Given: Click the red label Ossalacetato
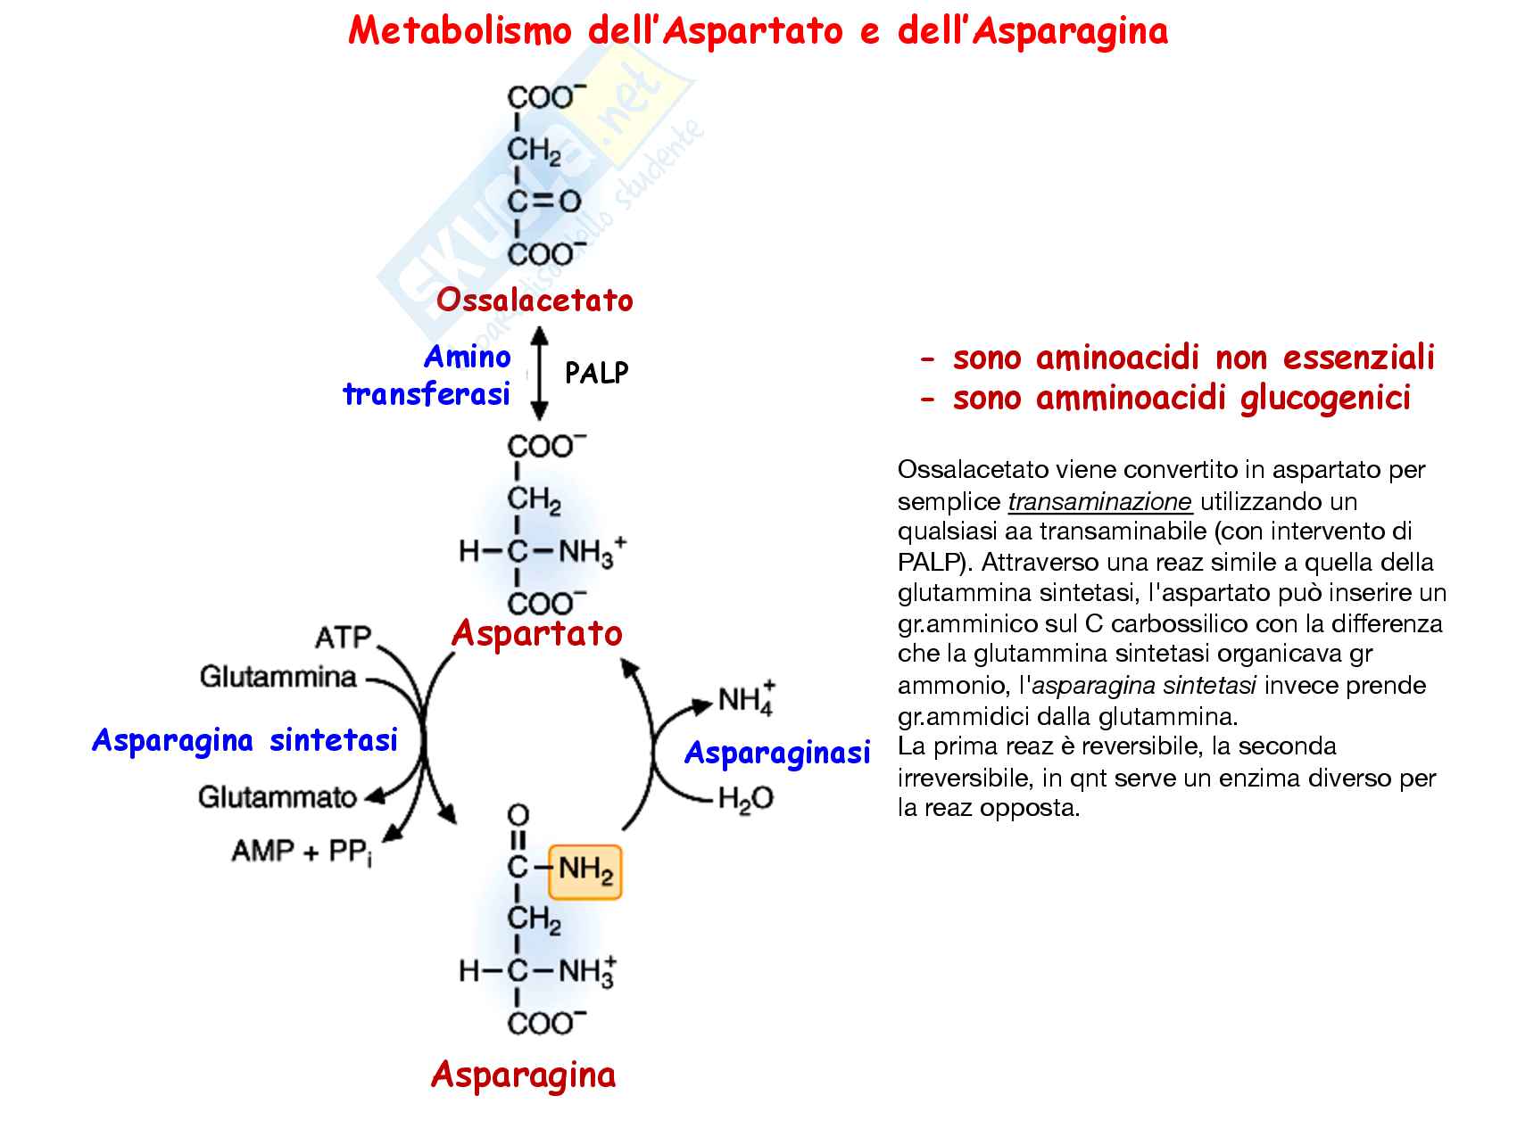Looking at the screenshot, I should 535,301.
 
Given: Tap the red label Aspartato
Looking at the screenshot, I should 536,633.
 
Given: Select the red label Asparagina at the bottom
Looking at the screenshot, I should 523,1075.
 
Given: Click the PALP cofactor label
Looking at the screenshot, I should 596,373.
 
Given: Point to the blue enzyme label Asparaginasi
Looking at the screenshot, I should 776,754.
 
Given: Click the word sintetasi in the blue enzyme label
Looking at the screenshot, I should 334,740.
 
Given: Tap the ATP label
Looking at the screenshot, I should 343,638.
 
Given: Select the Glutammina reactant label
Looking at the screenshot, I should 278,677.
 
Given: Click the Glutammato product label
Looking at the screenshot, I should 277,796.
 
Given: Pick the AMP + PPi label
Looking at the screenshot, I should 302,852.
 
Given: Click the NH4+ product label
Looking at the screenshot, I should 747,699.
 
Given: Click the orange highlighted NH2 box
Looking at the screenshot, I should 585,870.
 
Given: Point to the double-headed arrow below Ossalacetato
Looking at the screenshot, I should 539,374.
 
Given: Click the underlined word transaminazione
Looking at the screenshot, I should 1099,502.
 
